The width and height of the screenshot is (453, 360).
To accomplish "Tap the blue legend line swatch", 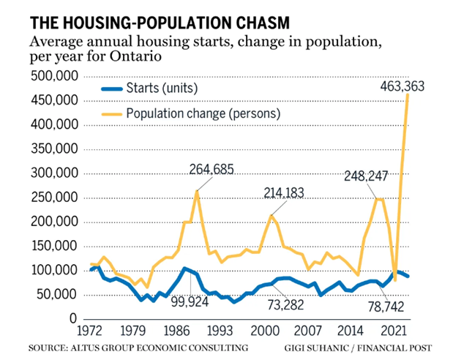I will (x=111, y=89).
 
